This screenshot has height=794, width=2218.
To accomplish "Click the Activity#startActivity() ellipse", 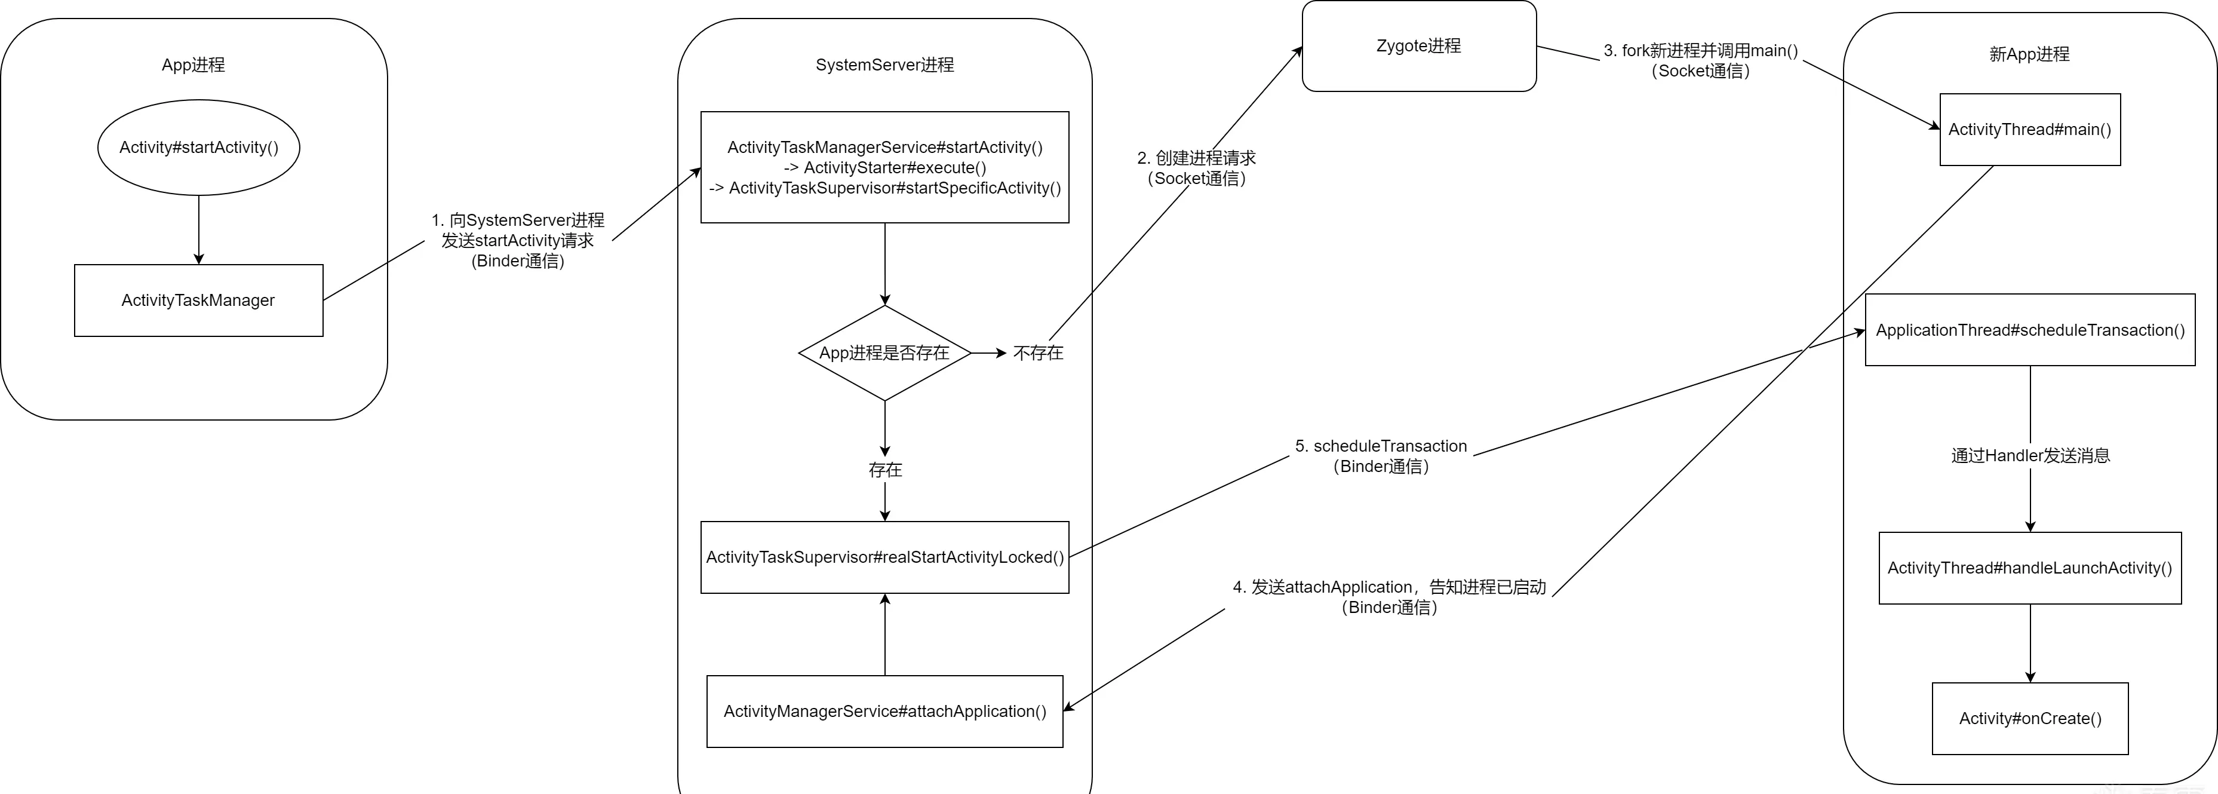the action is tap(199, 147).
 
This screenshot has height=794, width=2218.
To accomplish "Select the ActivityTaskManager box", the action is tap(199, 301).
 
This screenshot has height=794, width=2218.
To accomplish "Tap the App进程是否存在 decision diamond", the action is tap(885, 353).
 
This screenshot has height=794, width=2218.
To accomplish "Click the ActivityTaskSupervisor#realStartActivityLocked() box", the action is tap(885, 557).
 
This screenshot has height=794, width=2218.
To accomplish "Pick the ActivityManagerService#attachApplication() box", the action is tap(885, 712).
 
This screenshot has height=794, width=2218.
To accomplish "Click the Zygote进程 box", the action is tap(1419, 45).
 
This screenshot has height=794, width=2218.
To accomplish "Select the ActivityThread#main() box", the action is tap(2030, 129).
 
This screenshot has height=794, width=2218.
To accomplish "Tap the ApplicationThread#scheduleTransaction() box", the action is tap(2030, 330).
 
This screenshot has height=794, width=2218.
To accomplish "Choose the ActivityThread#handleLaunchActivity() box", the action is tap(2030, 568).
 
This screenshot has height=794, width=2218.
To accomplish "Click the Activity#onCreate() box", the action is tap(2030, 718).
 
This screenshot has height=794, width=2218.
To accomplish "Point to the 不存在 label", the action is tap(1039, 353).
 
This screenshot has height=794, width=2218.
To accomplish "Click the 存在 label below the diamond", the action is tap(885, 470).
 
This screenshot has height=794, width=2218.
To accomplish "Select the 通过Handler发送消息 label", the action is tap(2030, 456).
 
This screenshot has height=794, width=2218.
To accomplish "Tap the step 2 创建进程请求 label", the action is tap(1197, 168).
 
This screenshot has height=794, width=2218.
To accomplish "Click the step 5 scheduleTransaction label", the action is tap(1381, 456).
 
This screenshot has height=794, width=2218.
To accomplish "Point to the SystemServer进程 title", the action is tap(885, 65).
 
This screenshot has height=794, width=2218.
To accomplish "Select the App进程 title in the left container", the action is tap(193, 65).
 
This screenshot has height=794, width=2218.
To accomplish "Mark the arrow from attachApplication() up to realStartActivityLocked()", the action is tap(885, 634).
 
